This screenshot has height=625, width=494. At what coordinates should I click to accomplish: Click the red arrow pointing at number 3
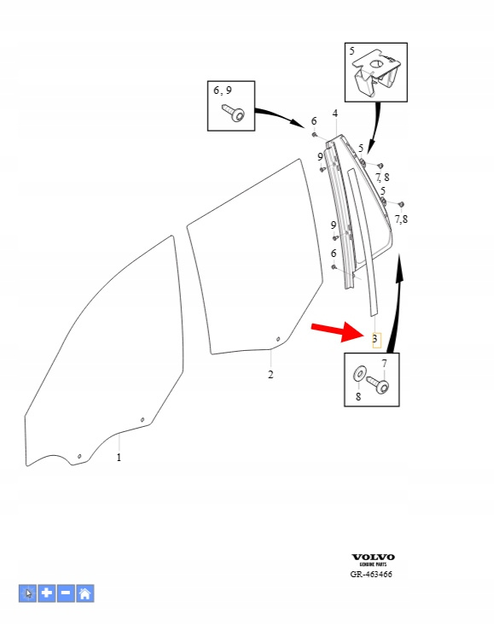337,331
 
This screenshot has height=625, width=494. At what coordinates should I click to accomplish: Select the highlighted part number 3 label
376,340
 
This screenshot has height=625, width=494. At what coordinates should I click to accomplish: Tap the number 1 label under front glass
119,458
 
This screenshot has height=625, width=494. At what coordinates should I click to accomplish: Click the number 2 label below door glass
270,375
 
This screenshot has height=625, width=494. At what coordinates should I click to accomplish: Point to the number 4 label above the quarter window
335,114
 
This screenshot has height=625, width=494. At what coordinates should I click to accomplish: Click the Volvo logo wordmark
374,558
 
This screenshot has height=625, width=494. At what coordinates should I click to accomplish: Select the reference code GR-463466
371,575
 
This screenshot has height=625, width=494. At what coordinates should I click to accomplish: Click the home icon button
84,593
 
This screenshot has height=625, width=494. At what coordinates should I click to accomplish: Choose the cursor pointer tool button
27,593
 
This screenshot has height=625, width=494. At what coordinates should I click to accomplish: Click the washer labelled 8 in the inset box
360,373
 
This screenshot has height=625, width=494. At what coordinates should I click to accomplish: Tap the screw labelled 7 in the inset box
378,384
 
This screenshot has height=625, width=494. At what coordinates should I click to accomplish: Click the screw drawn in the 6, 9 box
234,113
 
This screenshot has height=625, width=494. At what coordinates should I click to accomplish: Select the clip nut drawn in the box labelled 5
377,73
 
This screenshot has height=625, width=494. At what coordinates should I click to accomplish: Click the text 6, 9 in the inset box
223,91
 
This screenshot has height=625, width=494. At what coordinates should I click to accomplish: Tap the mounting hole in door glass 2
278,339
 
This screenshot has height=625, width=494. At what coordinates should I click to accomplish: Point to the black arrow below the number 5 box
375,127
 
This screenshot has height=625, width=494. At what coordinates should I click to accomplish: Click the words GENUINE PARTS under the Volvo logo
374,564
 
